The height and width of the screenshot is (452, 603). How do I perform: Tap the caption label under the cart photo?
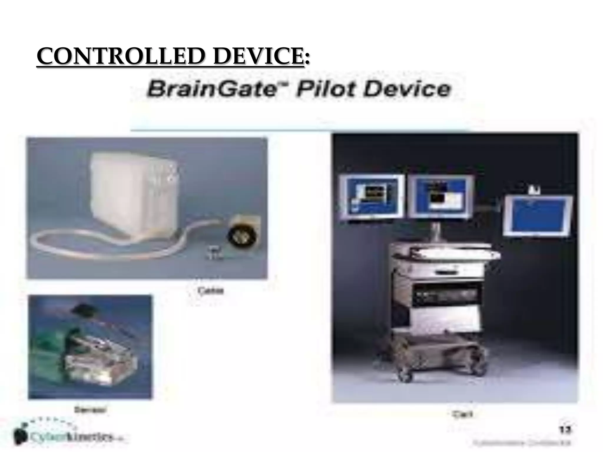coord(462,414)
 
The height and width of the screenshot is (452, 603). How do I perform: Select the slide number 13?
coord(564,430)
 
